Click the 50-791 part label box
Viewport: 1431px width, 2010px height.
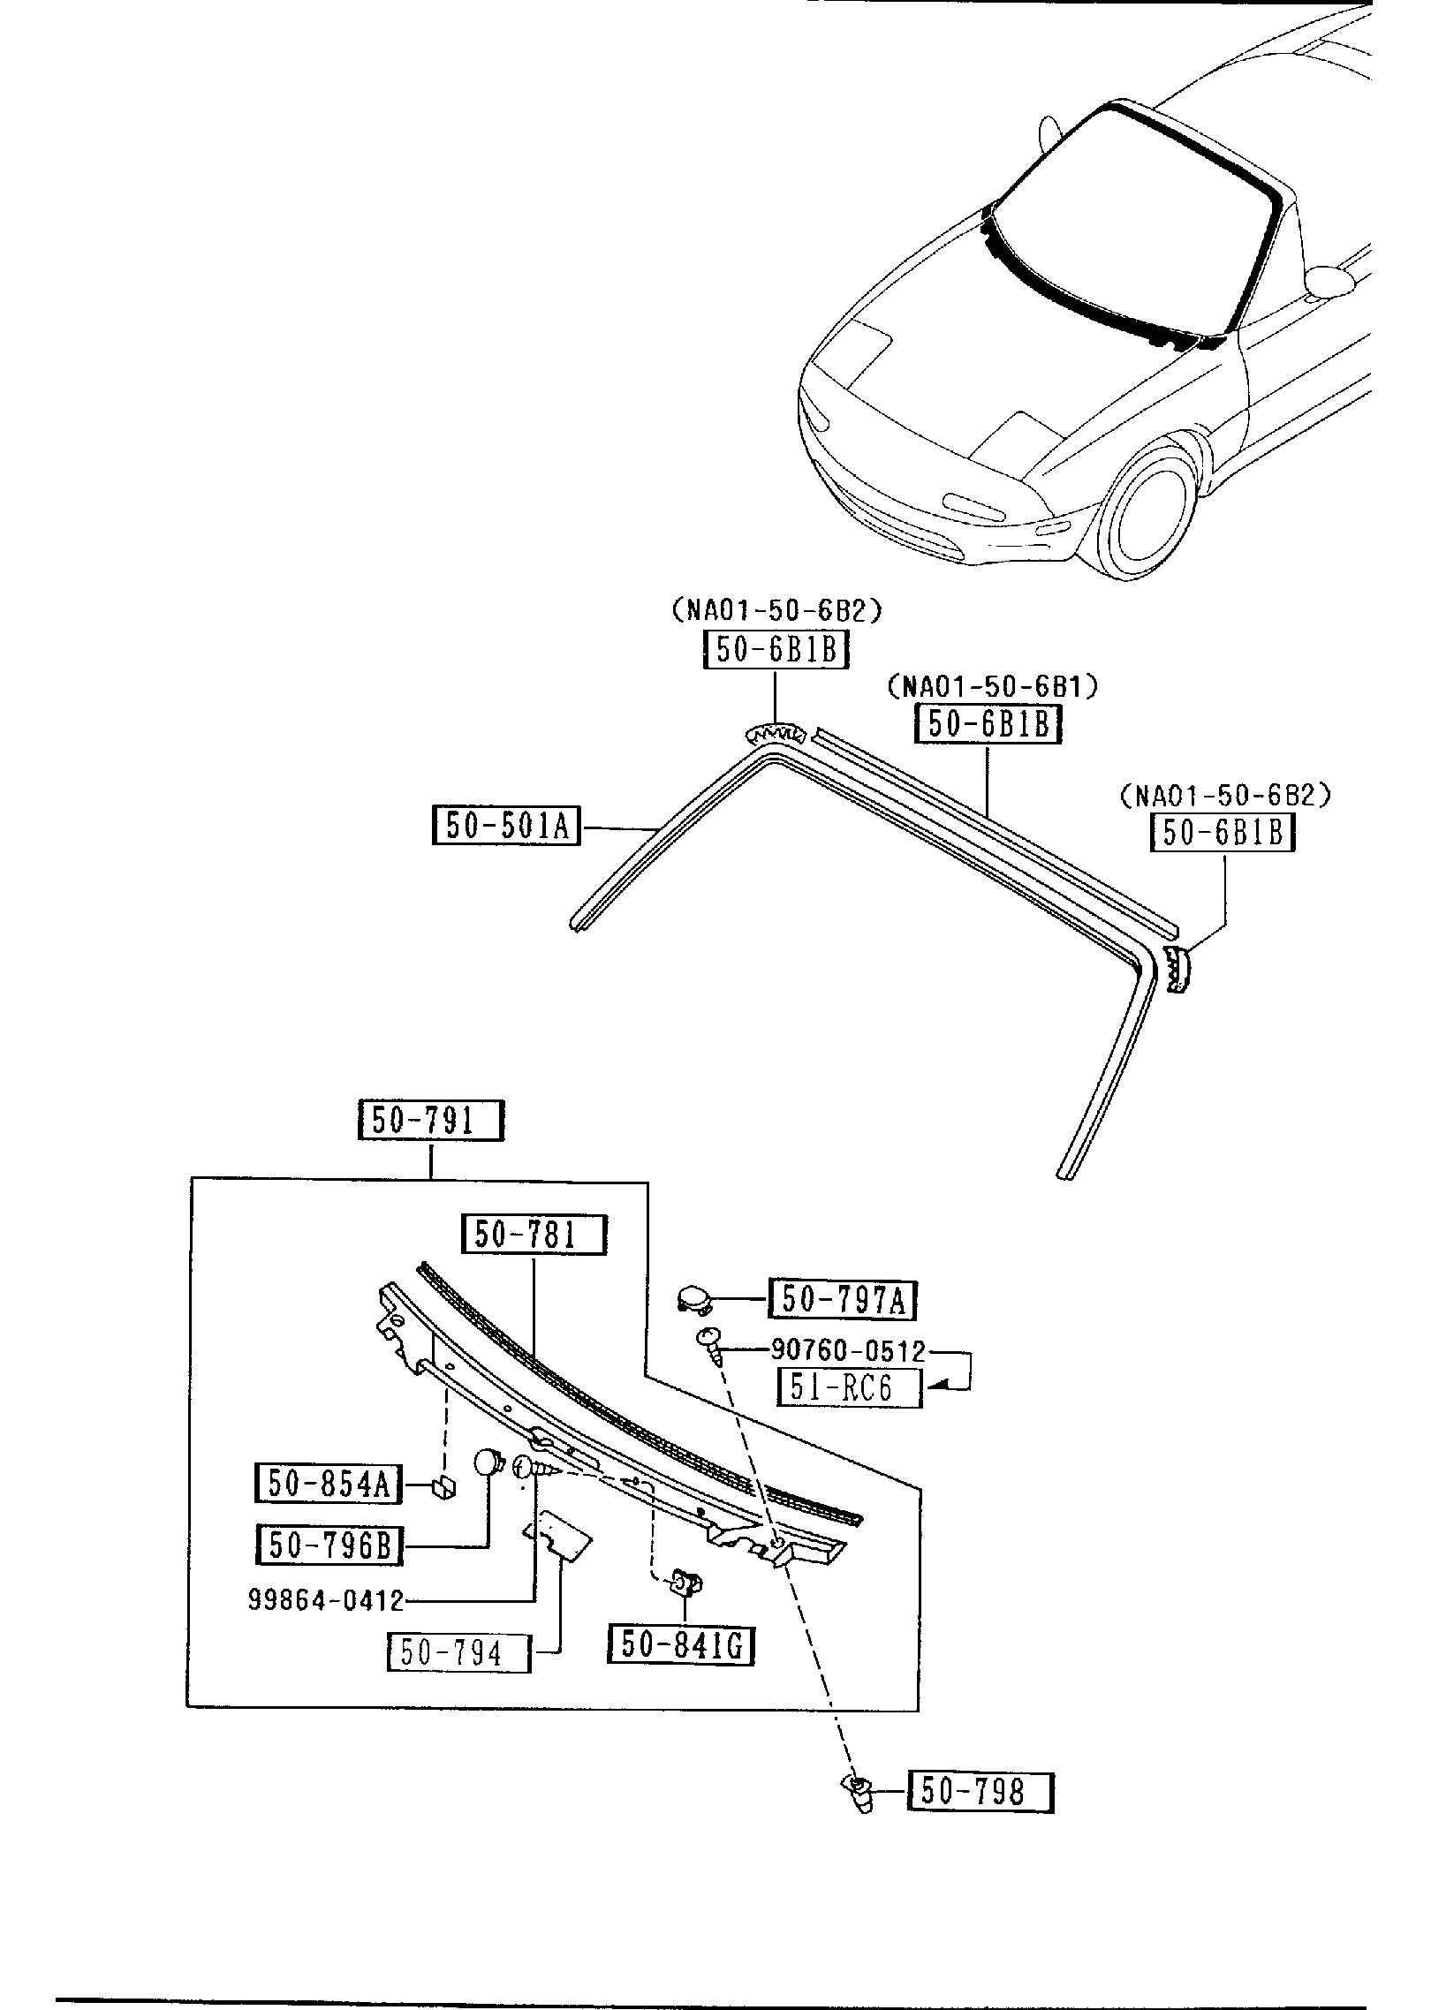click(x=431, y=1121)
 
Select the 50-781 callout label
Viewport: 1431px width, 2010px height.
click(x=534, y=1235)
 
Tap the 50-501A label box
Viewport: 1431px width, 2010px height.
click(x=506, y=825)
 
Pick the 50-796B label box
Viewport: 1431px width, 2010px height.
click(x=329, y=1545)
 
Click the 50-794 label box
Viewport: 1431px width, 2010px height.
click(x=459, y=1652)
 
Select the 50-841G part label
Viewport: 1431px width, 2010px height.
click(x=681, y=1644)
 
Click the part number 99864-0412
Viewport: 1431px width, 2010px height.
click(x=326, y=1599)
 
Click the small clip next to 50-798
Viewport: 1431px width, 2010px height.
click(x=859, y=1795)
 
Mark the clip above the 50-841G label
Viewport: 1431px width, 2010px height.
click(x=686, y=1583)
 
